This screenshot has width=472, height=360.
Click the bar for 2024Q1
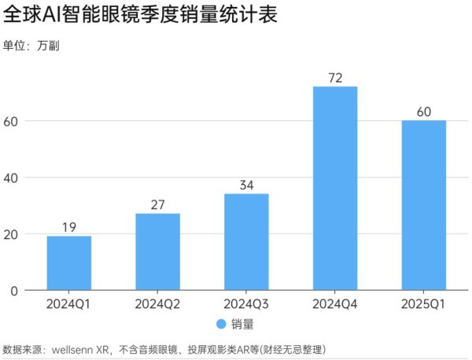[69, 263]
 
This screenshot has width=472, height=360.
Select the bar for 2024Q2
[157, 252]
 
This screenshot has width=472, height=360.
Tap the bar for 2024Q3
[246, 242]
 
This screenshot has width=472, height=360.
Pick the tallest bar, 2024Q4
[335, 189]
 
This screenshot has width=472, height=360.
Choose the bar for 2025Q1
[424, 205]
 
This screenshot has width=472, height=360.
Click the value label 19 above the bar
[69, 228]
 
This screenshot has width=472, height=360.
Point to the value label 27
[157, 205]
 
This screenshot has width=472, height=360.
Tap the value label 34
[246, 186]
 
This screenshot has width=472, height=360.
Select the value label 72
[335, 78]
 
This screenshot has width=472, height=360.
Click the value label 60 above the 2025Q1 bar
[424, 112]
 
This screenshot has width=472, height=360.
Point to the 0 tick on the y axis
[14, 291]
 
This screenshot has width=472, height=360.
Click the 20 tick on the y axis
[11, 234]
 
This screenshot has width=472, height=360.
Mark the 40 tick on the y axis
[11, 178]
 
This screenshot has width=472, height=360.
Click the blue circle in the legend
[221, 324]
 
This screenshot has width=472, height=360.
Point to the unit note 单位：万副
[31, 46]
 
